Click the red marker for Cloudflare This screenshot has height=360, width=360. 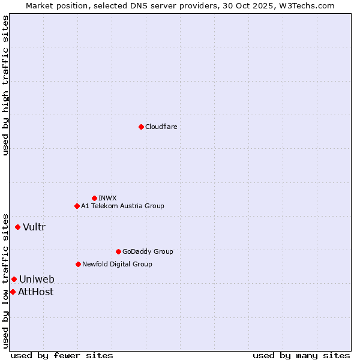click(141, 127)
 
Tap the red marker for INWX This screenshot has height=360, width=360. click(94, 198)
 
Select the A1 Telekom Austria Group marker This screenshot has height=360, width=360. click(77, 206)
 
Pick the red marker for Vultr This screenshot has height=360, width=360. click(17, 227)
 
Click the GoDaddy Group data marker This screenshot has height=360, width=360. click(118, 251)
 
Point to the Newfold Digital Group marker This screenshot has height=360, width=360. click(78, 264)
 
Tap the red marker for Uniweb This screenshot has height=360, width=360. click(14, 279)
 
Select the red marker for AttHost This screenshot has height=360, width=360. click(13, 292)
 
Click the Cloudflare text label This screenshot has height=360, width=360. click(161, 127)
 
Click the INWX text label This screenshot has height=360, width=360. click(108, 198)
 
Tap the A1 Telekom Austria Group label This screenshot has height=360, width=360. click(122, 206)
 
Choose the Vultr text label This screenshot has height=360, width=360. click(34, 227)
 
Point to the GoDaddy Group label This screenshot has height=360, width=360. click(148, 251)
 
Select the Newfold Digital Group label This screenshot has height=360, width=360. click(117, 264)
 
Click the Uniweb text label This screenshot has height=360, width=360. click(37, 279)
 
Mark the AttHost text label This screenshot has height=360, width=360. click(35, 292)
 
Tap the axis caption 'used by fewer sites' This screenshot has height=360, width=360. click(62, 355)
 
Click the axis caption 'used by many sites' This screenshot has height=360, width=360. click(301, 355)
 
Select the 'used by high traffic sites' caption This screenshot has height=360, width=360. click(5, 85)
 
